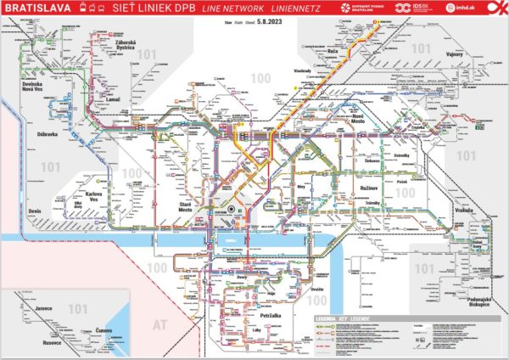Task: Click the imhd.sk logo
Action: (x=465, y=8)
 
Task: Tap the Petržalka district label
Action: (x=270, y=300)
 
